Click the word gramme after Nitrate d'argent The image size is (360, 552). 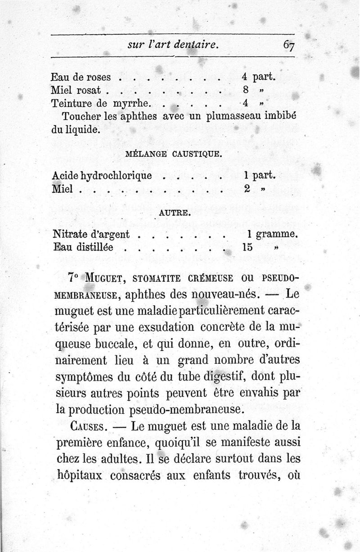[279, 235]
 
